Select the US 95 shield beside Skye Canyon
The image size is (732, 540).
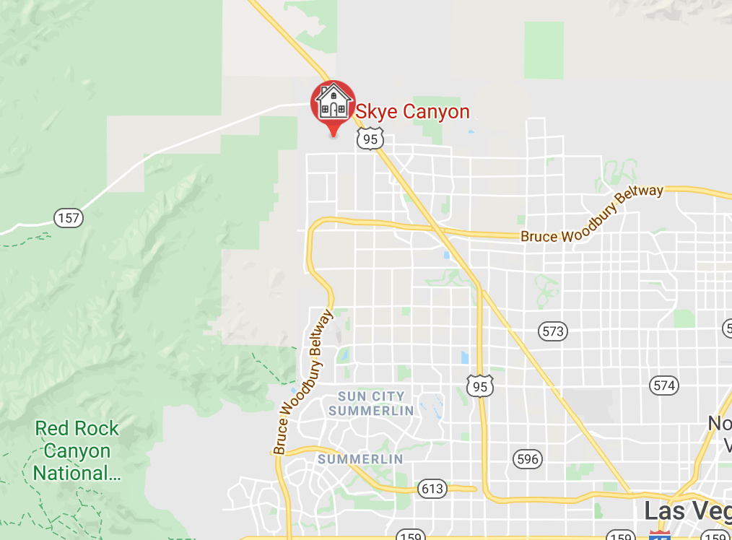coord(370,139)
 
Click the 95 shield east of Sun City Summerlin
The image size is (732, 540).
coord(480,386)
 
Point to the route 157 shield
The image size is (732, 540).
coord(69,217)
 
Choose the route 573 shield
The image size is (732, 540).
coord(553,331)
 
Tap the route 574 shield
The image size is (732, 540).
coord(663,385)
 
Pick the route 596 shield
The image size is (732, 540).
coord(528,458)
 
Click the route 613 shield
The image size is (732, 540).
coord(432,489)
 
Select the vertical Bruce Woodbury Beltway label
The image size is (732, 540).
coord(303,383)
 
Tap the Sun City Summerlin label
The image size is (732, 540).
coord(371,404)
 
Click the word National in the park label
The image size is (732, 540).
coord(69,474)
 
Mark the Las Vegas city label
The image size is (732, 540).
coord(687,511)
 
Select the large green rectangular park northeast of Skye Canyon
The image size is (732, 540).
coord(544,50)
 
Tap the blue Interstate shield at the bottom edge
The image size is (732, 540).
coord(659,536)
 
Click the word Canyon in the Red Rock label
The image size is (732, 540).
coord(77,452)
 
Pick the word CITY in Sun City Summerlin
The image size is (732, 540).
coord(388,396)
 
